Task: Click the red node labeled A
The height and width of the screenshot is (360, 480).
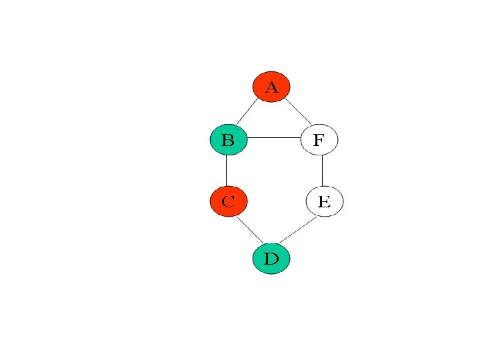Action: pos(271,86)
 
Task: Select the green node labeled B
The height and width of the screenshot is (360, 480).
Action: pos(228,139)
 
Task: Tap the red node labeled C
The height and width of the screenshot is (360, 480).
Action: pos(228,201)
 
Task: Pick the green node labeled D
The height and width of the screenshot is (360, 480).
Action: pos(271,258)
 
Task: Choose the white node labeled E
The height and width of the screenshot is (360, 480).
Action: pos(324,201)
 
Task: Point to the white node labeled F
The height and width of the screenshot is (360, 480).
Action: pos(319,139)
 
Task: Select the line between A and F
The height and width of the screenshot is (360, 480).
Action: pos(298,111)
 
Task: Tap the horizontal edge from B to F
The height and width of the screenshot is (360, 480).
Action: pos(274,138)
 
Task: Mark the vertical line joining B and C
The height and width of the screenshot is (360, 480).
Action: pos(226,171)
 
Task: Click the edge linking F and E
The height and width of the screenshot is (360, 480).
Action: pos(322,171)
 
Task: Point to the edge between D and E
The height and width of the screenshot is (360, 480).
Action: pos(297,230)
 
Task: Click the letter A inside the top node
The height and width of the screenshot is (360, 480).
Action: pos(271,87)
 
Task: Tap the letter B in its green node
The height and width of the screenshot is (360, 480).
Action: pos(227,140)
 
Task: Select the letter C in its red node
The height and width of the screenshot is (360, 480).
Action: pos(228,201)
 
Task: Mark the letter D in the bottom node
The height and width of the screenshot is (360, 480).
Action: pos(271,259)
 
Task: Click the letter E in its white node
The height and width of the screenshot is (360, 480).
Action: pos(324,201)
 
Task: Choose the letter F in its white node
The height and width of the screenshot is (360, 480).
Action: pos(319,140)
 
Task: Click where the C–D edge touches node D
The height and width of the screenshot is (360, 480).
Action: pos(263,243)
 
